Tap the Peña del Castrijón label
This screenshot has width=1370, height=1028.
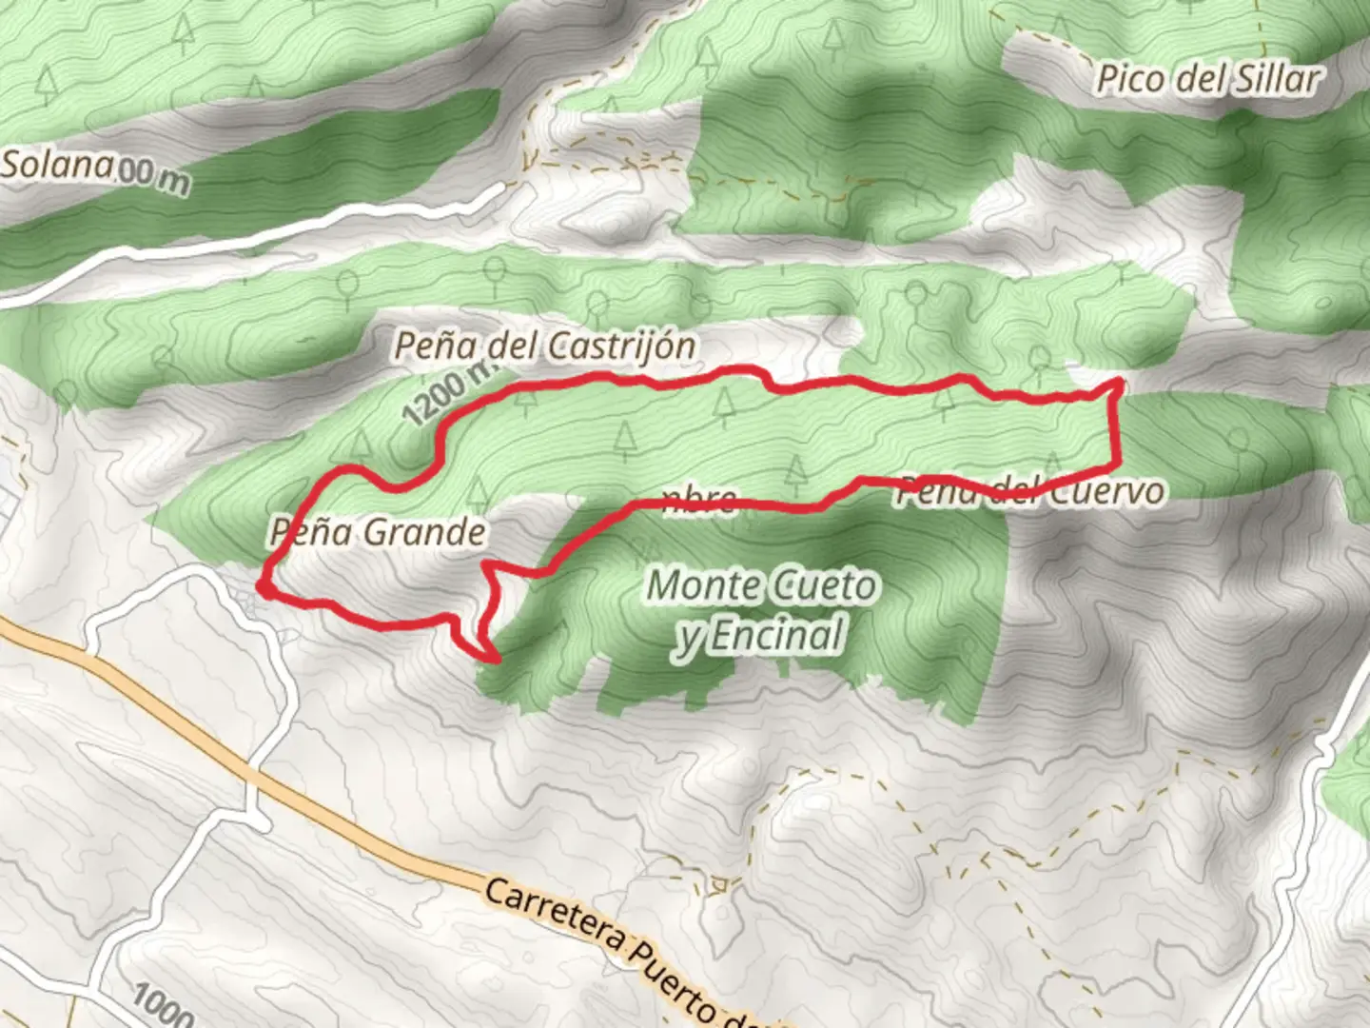[544, 346]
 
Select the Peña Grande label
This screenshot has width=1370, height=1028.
[378, 531]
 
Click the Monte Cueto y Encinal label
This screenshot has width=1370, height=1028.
[761, 610]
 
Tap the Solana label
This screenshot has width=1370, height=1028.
[57, 166]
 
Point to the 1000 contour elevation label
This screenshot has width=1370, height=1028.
[162, 1005]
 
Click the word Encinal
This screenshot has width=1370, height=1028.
[775, 635]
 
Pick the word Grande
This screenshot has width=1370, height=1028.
[424, 531]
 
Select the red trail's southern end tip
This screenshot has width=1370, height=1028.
[496, 658]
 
